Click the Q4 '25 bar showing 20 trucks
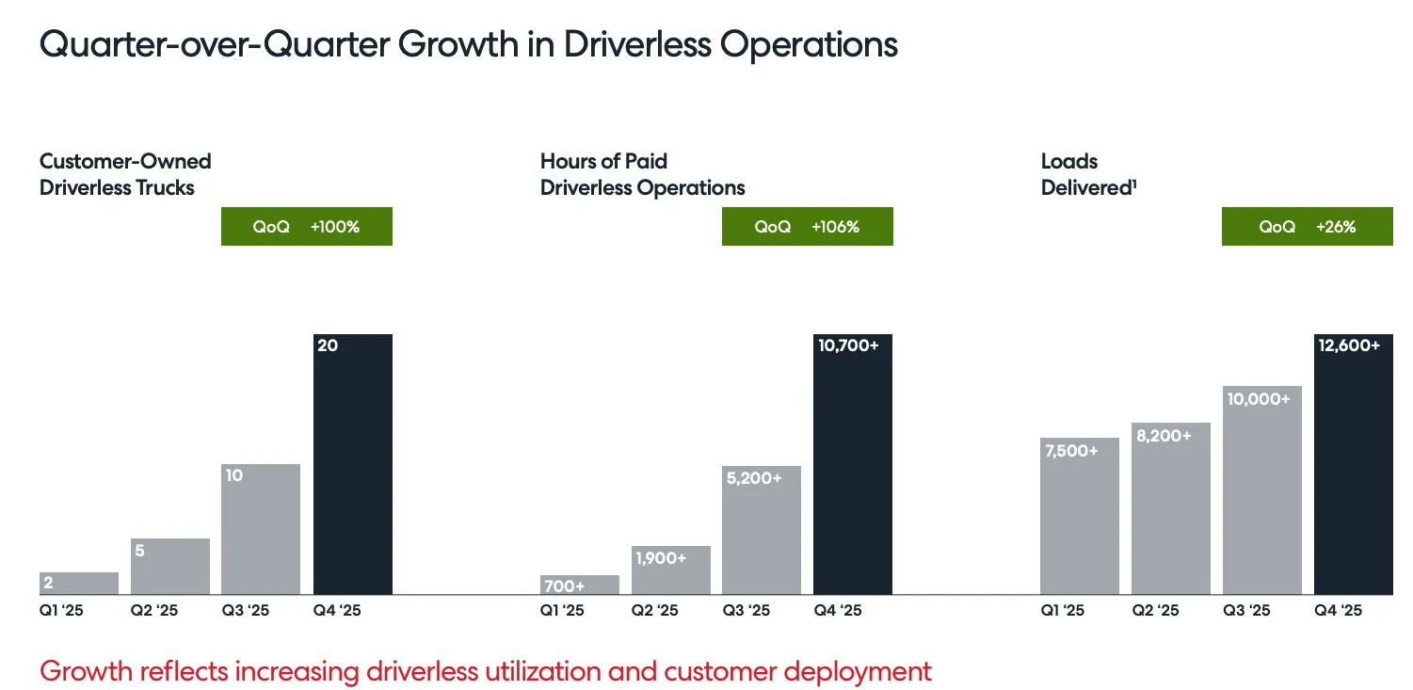point(352,464)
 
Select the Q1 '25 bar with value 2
point(79,584)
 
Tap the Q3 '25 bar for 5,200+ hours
point(761,530)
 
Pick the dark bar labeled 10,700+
point(852,464)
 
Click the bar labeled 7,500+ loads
point(1080,516)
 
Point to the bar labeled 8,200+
point(1170,508)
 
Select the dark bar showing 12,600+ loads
point(1353,464)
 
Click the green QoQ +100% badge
point(306,227)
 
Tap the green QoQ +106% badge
point(807,227)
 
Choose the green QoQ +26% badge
point(1307,227)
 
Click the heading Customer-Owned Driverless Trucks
point(125,174)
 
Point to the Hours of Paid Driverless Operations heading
point(642,174)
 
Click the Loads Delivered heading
point(1087,174)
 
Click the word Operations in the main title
point(806,45)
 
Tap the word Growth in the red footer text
point(87,671)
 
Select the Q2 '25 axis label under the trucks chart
point(153,611)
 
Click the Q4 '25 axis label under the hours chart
point(838,611)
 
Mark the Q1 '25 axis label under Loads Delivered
point(1062,611)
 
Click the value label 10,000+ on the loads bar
point(1258,399)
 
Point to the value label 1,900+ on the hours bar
point(659,558)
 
